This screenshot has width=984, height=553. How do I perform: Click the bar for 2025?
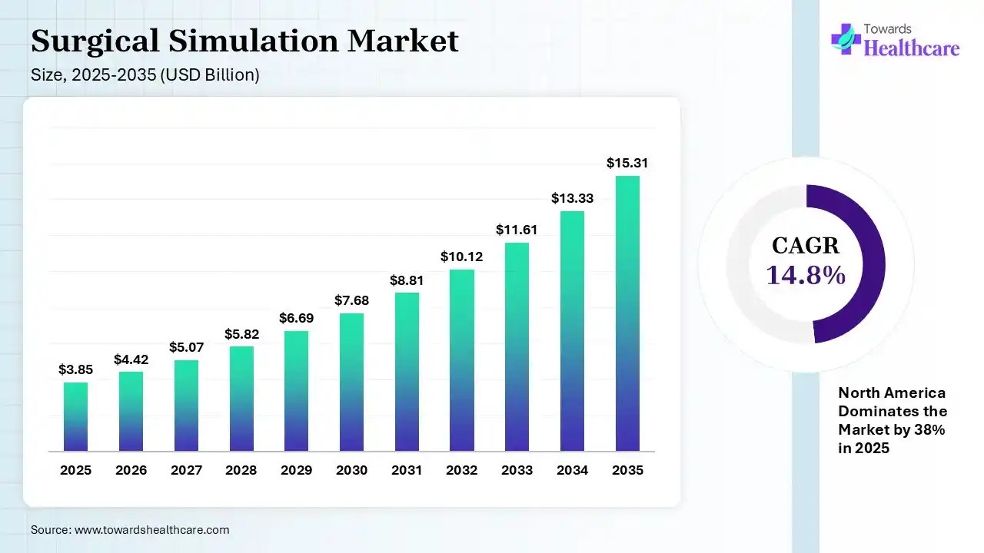(75, 416)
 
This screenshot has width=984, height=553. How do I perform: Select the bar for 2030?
(351, 382)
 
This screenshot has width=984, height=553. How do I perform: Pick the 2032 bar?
(462, 360)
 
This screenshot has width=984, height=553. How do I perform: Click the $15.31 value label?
(627, 163)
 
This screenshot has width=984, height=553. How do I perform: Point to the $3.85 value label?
(75, 369)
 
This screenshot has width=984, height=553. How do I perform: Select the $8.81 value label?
(407, 280)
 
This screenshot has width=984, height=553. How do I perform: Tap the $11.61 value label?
(517, 230)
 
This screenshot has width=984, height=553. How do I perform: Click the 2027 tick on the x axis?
(186, 470)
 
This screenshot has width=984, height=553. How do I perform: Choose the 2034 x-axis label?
(572, 470)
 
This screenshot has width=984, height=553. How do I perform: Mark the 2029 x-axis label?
(296, 470)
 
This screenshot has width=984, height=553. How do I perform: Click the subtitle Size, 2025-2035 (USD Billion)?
(145, 75)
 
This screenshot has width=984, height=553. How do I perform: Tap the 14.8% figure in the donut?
(806, 274)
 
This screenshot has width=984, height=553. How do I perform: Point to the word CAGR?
(806, 246)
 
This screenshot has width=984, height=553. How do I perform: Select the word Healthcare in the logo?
(912, 48)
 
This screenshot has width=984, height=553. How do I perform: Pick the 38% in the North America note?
(931, 430)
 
